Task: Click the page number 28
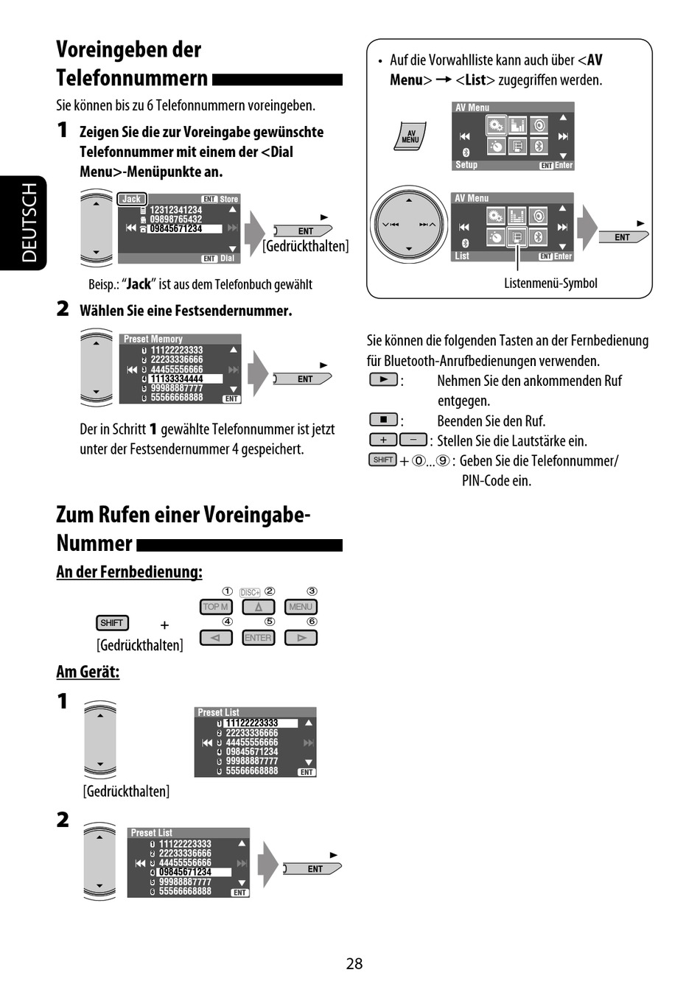pyautogui.click(x=354, y=963)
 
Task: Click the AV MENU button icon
pyautogui.click(x=410, y=136)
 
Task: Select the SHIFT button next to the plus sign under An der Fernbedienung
pyautogui.click(x=112, y=623)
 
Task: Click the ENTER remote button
pyautogui.click(x=258, y=638)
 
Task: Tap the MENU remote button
pyautogui.click(x=301, y=607)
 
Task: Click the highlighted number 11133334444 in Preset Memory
pyautogui.click(x=177, y=379)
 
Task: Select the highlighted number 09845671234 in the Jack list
pyautogui.click(x=176, y=229)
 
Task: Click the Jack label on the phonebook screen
pyautogui.click(x=132, y=199)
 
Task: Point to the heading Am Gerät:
pyautogui.click(x=88, y=672)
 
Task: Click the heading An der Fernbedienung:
pyautogui.click(x=129, y=572)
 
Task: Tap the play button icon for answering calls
pyautogui.click(x=383, y=380)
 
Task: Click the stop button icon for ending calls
pyautogui.click(x=383, y=420)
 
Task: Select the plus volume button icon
pyautogui.click(x=383, y=440)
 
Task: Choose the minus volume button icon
pyautogui.click(x=413, y=440)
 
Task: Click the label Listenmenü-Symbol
pyautogui.click(x=550, y=284)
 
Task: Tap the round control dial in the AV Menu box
pyautogui.click(x=409, y=225)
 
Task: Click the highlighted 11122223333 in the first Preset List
pyautogui.click(x=252, y=723)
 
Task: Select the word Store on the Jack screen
pyautogui.click(x=229, y=199)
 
